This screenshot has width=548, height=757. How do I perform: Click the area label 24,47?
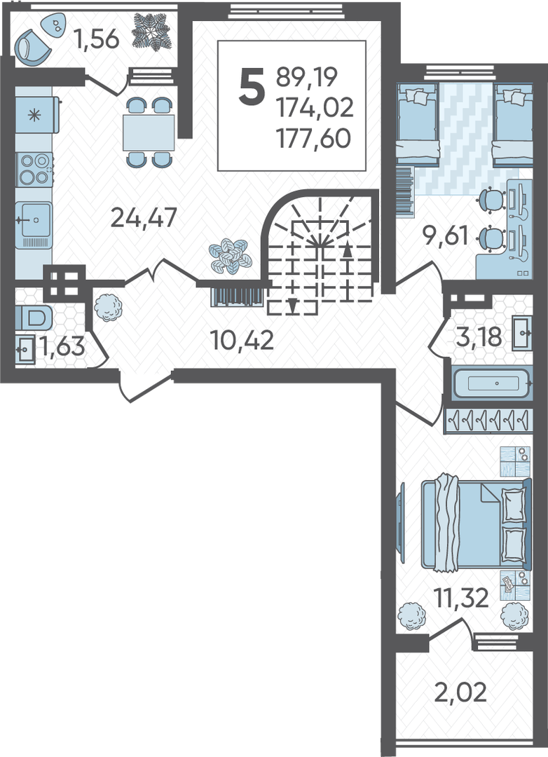[144, 218]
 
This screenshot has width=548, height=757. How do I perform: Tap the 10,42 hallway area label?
[242, 340]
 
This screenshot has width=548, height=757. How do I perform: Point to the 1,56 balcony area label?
[97, 39]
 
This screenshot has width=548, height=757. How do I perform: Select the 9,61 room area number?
[445, 236]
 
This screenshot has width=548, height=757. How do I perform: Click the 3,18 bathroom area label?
[479, 336]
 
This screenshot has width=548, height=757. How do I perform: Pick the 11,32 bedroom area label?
[461, 598]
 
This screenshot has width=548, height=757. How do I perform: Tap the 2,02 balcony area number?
[460, 693]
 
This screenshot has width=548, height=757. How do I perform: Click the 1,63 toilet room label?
[62, 346]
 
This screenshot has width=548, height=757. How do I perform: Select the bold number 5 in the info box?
[252, 86]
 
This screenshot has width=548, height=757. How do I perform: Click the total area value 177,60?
[313, 139]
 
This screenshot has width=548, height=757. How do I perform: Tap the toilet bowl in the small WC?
[34, 318]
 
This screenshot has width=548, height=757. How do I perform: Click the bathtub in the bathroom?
[493, 383]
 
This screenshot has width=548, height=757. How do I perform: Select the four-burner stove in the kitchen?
[34, 169]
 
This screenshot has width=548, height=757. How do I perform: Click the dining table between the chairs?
[149, 132]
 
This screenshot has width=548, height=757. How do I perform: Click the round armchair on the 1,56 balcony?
[32, 47]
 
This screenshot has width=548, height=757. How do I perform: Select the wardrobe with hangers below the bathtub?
[488, 419]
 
